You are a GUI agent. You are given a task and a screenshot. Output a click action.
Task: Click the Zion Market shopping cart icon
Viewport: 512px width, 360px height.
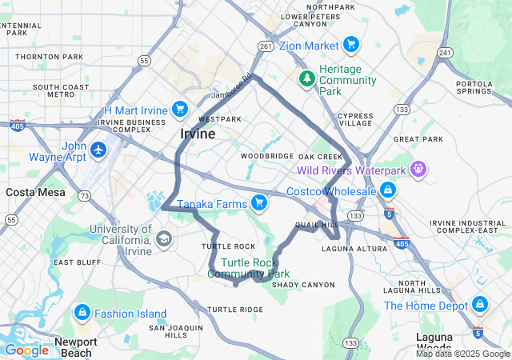[x=350, y=46]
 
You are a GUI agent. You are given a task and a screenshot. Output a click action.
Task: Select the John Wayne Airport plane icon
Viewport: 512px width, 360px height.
[x=98, y=150]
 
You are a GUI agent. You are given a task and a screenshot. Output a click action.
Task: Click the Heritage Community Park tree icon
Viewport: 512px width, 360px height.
[x=306, y=78]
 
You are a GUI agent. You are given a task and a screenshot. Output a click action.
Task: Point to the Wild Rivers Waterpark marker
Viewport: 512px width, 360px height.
[x=417, y=170]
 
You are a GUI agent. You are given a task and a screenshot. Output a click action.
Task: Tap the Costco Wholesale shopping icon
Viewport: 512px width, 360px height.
[x=388, y=190]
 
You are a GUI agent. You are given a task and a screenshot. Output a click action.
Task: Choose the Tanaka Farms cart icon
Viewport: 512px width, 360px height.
[x=258, y=203]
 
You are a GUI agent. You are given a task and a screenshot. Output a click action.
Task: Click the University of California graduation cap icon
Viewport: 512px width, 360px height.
[x=164, y=238]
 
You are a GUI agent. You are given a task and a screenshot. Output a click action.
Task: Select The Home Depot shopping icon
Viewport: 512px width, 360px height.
[x=478, y=305]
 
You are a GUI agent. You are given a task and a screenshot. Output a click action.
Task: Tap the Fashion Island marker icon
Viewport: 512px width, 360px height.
[x=82, y=313]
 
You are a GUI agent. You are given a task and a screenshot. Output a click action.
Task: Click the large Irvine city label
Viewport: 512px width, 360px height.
[x=197, y=134]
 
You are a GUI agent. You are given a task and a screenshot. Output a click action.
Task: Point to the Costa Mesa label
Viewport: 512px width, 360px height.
[x=30, y=192]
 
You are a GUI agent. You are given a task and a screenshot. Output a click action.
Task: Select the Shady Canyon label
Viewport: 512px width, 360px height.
[x=303, y=285]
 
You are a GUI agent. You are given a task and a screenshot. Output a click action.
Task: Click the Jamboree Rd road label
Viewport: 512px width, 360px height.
[x=232, y=89]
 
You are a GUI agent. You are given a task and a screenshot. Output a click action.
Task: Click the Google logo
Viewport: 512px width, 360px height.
[x=26, y=350]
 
